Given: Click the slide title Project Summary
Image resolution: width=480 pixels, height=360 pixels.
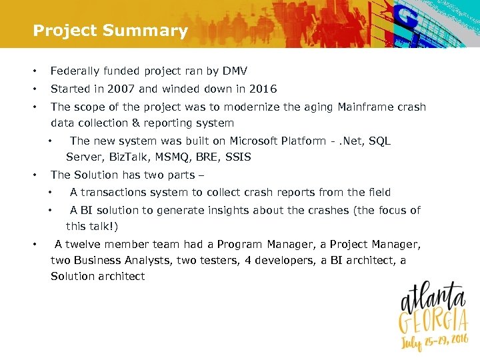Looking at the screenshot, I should [x=110, y=31].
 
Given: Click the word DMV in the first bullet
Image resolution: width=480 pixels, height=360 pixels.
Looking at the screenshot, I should [x=235, y=71].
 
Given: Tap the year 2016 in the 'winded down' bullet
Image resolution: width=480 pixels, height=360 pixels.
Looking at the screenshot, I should [x=263, y=89].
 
